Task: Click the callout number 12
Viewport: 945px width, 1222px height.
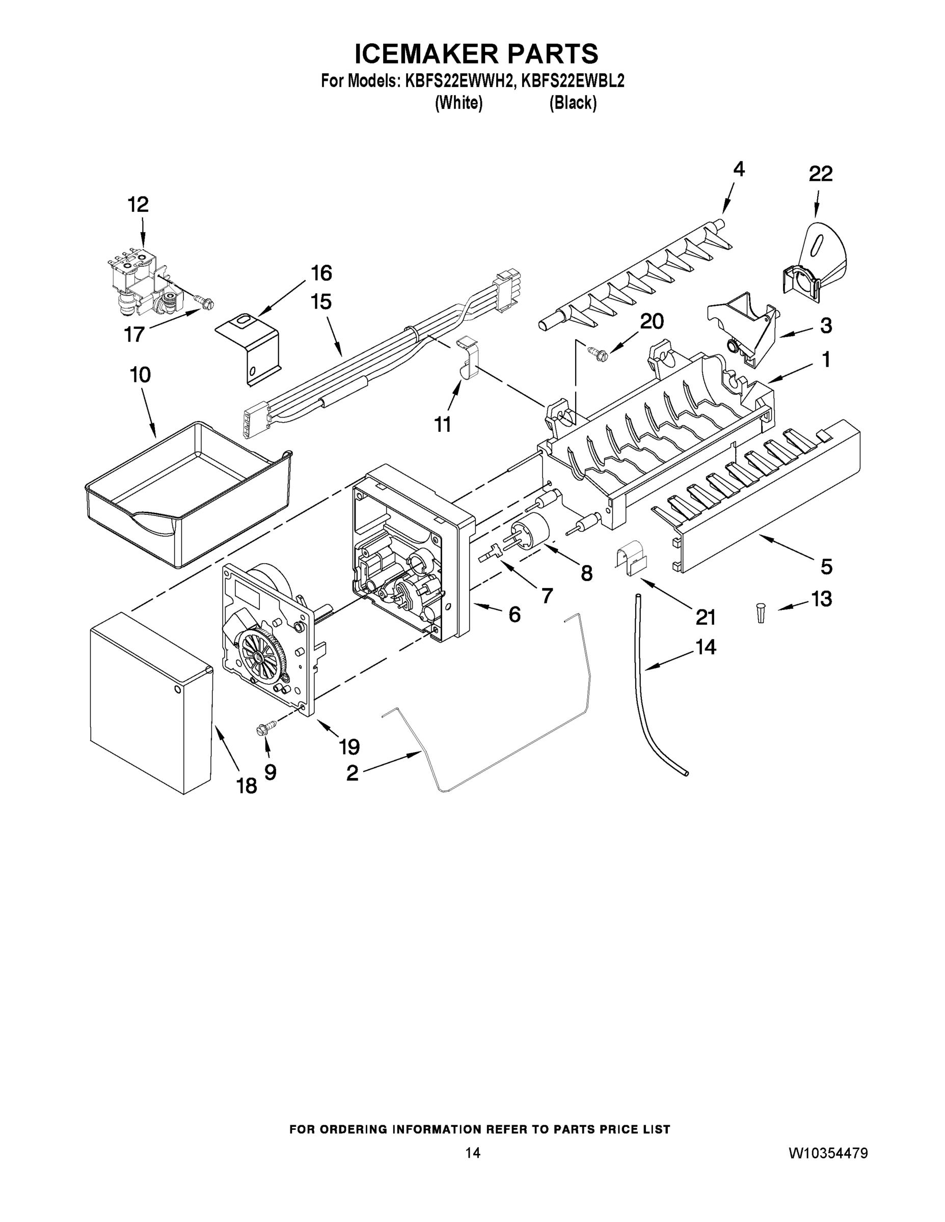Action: (138, 205)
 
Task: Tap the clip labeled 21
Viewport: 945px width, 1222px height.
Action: (631, 558)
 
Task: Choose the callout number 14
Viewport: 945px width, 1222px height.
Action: (706, 647)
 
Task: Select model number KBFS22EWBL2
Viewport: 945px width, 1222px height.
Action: (572, 81)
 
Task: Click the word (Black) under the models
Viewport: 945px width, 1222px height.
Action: (573, 103)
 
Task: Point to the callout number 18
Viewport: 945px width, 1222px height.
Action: (247, 786)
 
